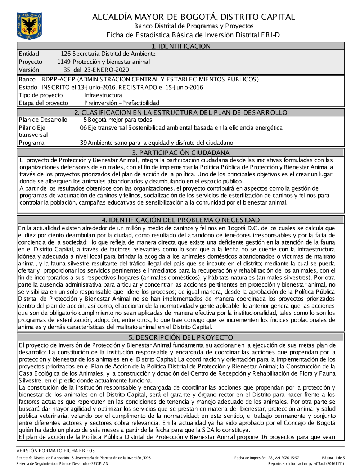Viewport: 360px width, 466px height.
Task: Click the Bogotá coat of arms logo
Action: coord(29,26)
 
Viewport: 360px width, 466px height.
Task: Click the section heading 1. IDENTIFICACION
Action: coord(181,46)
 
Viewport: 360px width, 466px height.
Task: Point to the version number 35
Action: coord(67,70)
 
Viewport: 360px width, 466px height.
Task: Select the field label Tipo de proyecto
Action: coord(41,95)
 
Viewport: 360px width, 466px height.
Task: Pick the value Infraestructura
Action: coord(103,95)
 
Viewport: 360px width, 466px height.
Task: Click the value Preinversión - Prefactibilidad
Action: coord(122,103)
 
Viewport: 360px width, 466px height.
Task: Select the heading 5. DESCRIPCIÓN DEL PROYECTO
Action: coord(181,337)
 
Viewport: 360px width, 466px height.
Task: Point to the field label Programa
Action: coord(32,143)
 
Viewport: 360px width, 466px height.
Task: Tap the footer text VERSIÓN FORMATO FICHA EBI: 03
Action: coord(55,451)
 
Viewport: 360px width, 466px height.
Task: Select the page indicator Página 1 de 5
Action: coord(333,458)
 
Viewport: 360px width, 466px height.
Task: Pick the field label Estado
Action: coord(28,87)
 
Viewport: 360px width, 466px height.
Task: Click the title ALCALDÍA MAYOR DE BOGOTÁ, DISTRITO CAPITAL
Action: coord(194,17)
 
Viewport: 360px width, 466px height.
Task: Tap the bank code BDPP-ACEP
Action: coord(58,79)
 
